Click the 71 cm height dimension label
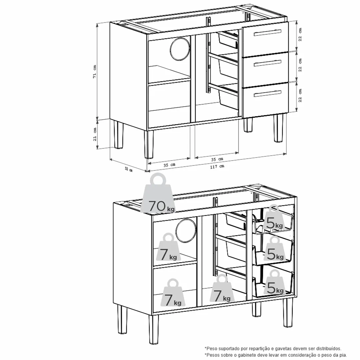pos(95,71)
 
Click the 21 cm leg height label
pos(95,134)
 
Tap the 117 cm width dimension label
pos(217,166)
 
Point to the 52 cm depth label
pos(129,169)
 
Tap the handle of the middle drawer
pos(267,63)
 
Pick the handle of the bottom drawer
pos(267,94)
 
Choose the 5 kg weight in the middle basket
pos(274,249)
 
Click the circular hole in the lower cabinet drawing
pos(186,230)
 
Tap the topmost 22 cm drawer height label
pos(300,34)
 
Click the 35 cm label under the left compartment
pos(169,165)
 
